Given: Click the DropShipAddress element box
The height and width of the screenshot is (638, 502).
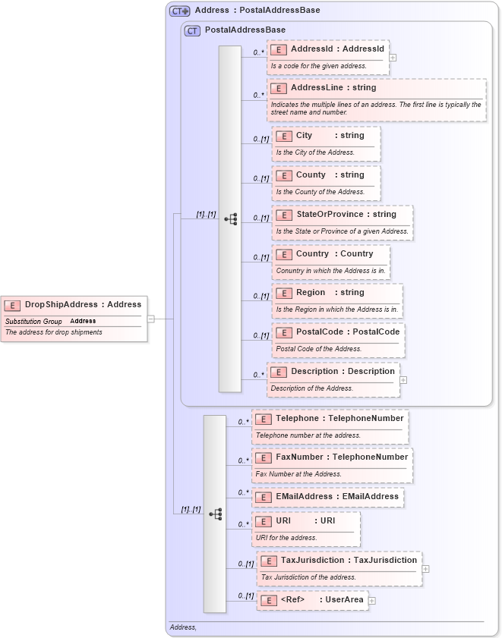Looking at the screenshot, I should click(74, 305).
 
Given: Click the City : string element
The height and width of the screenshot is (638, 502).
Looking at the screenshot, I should click(326, 136).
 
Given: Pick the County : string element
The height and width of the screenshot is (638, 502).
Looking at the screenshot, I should click(326, 175).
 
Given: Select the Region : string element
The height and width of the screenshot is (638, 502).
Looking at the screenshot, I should click(336, 293).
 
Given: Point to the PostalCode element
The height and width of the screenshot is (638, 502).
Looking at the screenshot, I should click(338, 332).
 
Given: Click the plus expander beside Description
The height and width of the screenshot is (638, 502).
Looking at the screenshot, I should click(403, 380).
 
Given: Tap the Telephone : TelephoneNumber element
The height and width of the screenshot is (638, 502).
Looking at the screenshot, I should click(330, 418).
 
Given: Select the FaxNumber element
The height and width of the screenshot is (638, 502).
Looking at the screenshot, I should click(333, 457).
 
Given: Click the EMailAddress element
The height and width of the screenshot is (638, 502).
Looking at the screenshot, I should click(327, 497).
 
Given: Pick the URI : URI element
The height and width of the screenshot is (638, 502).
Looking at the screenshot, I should click(306, 521).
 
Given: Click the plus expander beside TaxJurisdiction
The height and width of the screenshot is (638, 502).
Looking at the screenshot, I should click(425, 568).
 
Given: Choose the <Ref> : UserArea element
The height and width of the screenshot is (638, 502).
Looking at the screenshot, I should click(313, 600).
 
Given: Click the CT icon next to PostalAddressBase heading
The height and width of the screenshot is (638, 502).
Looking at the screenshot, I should click(193, 30).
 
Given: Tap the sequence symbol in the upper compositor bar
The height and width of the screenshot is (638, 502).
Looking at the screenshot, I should click(230, 219).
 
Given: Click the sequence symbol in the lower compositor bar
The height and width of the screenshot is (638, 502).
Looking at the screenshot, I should click(215, 514).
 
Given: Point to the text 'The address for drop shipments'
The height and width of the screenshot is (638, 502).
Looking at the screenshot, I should click(54, 332).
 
